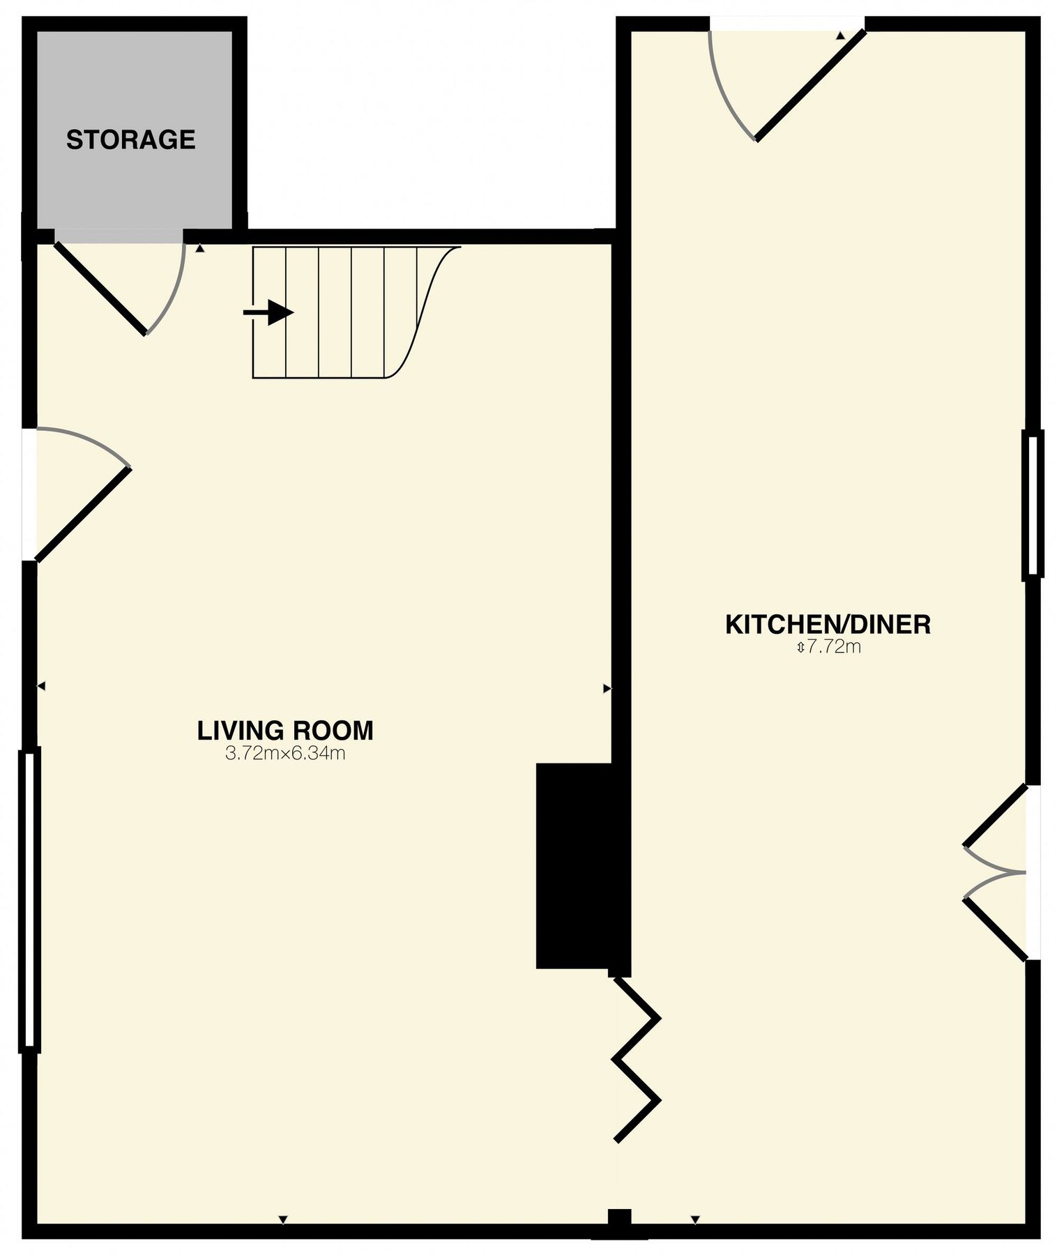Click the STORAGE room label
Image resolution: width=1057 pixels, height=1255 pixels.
tap(130, 139)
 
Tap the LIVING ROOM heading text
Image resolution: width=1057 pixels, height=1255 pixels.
tap(285, 730)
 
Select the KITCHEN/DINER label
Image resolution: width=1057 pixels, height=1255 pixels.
tap(828, 624)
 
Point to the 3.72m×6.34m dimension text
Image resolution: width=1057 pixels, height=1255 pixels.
tap(285, 753)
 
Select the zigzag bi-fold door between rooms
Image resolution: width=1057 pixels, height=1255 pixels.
tap(635, 1060)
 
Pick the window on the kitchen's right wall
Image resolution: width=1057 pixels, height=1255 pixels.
tap(1033, 504)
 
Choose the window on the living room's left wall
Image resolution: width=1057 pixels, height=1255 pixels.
tap(29, 897)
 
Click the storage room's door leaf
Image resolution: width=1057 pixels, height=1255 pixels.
tap(100, 288)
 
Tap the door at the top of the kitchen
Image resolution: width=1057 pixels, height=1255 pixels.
tap(809, 85)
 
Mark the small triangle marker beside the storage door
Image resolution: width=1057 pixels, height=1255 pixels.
tap(200, 248)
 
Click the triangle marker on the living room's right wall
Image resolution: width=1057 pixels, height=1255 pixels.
tap(606, 688)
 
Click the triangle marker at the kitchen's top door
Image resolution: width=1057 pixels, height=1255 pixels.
tap(840, 36)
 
